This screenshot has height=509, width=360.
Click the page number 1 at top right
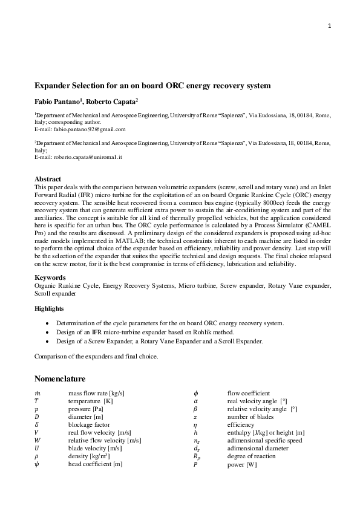point(330,26)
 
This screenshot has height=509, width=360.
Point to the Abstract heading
point(48,180)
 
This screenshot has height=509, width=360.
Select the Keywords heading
point(50,277)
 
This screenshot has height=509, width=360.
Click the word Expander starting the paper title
point(56,86)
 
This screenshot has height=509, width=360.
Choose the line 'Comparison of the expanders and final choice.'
point(96,356)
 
